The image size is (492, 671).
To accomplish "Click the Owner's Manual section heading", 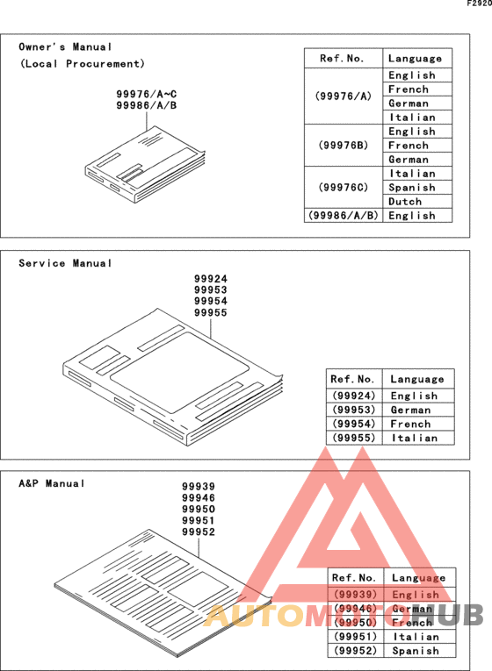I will click(66, 46).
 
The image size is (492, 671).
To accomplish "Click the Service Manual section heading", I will click(66, 263).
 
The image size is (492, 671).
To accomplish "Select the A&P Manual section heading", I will click(53, 483).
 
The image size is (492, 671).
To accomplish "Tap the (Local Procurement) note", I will click(83, 64).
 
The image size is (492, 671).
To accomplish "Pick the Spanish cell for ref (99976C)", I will click(411, 187).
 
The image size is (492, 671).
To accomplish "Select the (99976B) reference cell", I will click(344, 145).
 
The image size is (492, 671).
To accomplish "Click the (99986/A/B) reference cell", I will click(344, 215).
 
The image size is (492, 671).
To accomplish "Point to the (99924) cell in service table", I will click(354, 396).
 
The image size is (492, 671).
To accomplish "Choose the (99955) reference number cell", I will click(354, 438).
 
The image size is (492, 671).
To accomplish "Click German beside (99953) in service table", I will click(411, 410).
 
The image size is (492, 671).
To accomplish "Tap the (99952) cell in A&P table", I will click(357, 651).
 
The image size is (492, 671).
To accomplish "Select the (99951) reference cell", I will click(357, 637).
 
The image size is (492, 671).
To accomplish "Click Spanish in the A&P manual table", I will click(416, 651).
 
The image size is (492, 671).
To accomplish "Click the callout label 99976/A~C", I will click(147, 93).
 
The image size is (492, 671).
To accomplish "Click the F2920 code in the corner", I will click(479, 4).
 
